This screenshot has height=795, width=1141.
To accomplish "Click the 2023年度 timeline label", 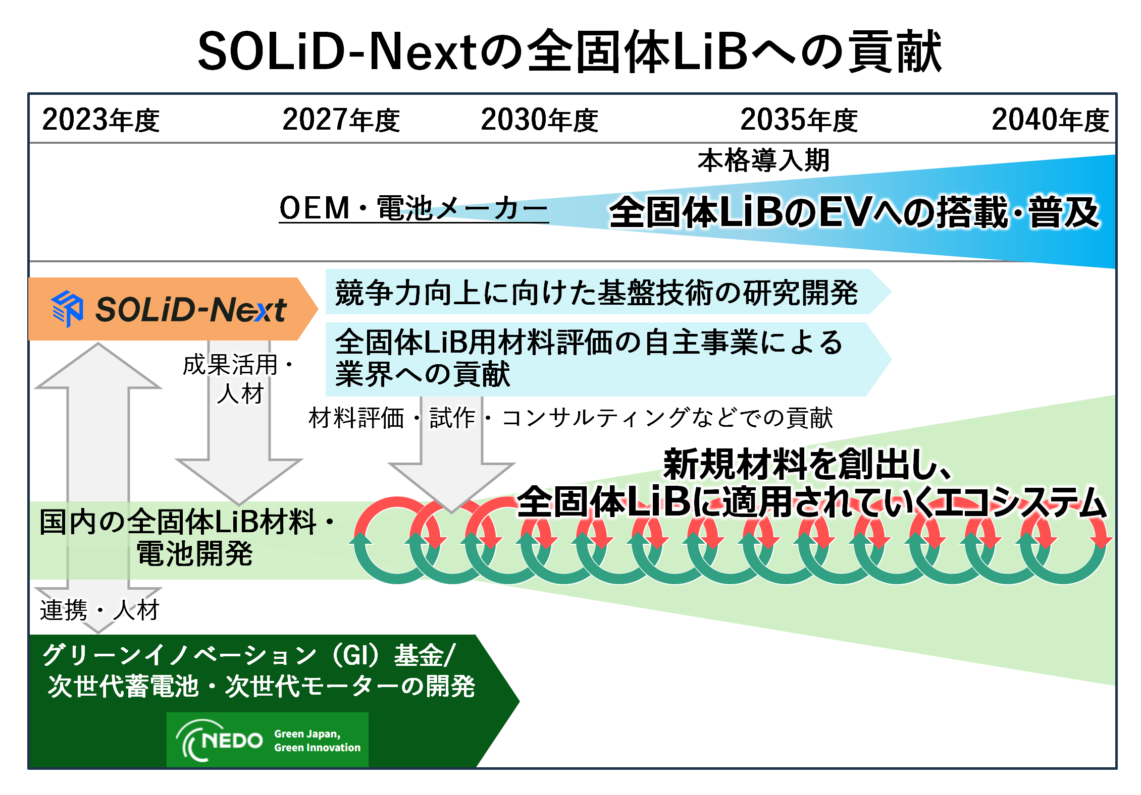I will point(100,120).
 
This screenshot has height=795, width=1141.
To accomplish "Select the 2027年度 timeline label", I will point(341,120).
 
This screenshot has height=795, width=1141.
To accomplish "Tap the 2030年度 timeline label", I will point(539,120).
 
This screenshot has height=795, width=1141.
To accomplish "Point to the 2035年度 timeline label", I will point(799,120).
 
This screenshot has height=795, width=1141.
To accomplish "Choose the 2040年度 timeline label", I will point(1050,120).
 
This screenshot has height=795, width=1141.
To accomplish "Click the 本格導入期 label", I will point(763,160).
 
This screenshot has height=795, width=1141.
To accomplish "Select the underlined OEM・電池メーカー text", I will point(413,208).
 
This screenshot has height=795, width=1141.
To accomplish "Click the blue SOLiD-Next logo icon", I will point(67,308).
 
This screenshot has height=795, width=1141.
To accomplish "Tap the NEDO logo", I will point(220,740).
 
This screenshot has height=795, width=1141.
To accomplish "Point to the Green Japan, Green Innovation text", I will point(317,741).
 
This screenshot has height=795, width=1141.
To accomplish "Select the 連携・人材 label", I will point(99,610).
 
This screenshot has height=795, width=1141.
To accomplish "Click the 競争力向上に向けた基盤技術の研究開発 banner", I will point(596,293).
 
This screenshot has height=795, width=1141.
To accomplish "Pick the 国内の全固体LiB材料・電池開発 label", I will point(187,537).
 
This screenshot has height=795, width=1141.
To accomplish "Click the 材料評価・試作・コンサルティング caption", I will point(570,418).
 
